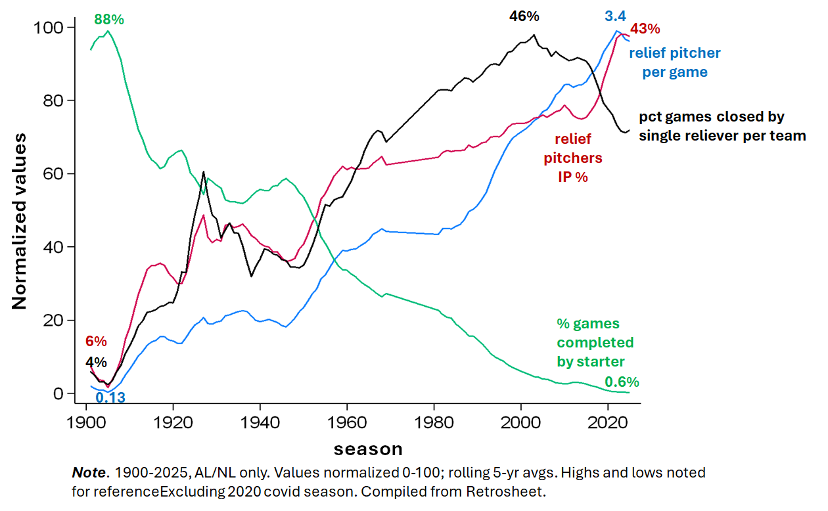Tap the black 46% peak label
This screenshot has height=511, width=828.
click(524, 16)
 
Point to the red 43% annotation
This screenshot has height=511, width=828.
click(645, 29)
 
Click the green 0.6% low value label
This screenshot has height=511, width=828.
click(622, 382)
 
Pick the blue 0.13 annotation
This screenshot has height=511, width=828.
click(110, 397)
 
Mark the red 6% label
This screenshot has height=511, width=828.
click(96, 341)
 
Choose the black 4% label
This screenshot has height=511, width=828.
click(96, 362)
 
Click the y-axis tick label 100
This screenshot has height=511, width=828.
click(51, 28)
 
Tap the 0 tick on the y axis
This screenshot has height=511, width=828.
click(59, 393)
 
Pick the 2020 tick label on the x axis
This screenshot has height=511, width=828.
click(607, 420)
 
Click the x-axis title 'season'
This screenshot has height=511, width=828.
click(368, 449)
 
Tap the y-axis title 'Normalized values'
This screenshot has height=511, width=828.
click(20, 221)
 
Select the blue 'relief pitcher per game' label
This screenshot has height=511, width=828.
click(675, 62)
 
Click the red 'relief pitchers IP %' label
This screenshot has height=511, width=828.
click(573, 158)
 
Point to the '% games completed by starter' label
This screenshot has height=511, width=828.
click(595, 342)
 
